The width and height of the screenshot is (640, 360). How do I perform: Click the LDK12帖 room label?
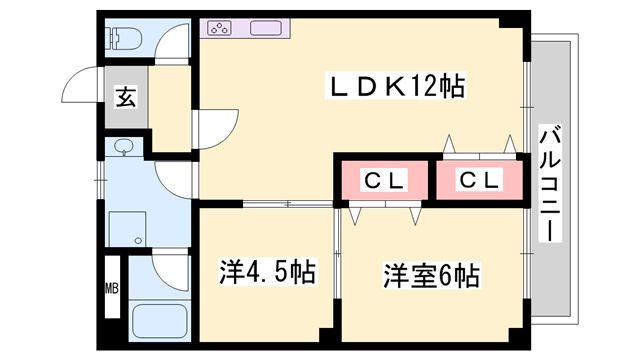pyautogui.click(x=396, y=86)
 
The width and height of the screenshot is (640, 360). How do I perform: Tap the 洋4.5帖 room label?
pyautogui.click(x=267, y=272)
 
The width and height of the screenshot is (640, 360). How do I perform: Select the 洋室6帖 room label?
pyautogui.click(x=431, y=276)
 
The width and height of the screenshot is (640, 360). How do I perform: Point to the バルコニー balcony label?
pyautogui.click(x=550, y=183)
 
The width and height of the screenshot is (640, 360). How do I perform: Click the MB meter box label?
pyautogui.click(x=112, y=288)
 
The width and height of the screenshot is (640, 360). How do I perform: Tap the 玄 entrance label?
pyautogui.click(x=126, y=97)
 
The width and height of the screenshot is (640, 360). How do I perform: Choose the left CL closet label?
pyautogui.click(x=384, y=180)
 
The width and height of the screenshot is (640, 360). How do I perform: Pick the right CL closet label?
pyautogui.click(x=479, y=179)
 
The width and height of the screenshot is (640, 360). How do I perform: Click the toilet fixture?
pyautogui.click(x=123, y=38)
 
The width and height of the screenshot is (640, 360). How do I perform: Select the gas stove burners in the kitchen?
pyautogui.click(x=220, y=28)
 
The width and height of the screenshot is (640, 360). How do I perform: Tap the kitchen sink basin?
pyautogui.click(x=266, y=28)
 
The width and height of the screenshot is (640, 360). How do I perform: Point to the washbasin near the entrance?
pyautogui.click(x=123, y=147)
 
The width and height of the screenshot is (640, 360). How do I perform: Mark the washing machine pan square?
pyautogui.click(x=127, y=229)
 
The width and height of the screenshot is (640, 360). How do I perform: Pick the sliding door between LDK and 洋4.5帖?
pyautogui.click(x=288, y=204)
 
